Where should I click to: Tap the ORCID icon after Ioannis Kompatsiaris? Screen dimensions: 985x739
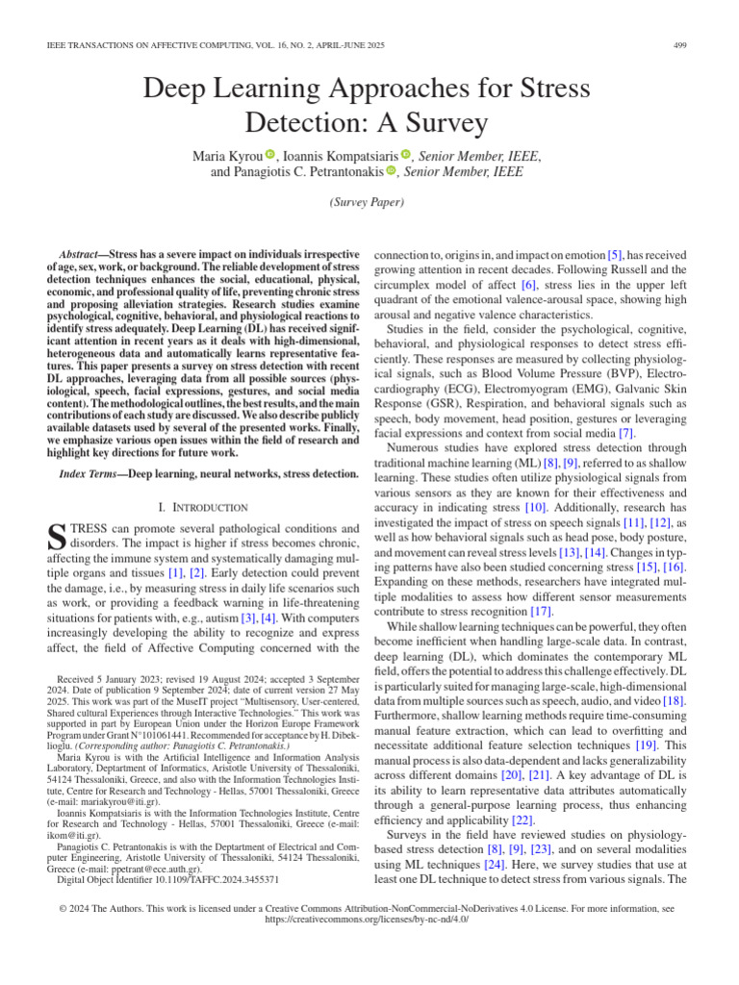click(x=406, y=154)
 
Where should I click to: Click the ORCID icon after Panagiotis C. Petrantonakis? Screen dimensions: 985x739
click(x=392, y=171)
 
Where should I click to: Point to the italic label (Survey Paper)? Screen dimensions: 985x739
click(x=369, y=203)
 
